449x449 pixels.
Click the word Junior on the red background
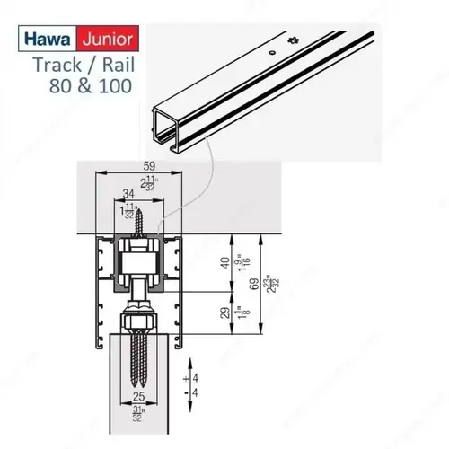click(x=107, y=40)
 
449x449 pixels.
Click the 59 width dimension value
click(x=148, y=166)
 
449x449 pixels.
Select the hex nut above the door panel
click(x=138, y=320)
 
